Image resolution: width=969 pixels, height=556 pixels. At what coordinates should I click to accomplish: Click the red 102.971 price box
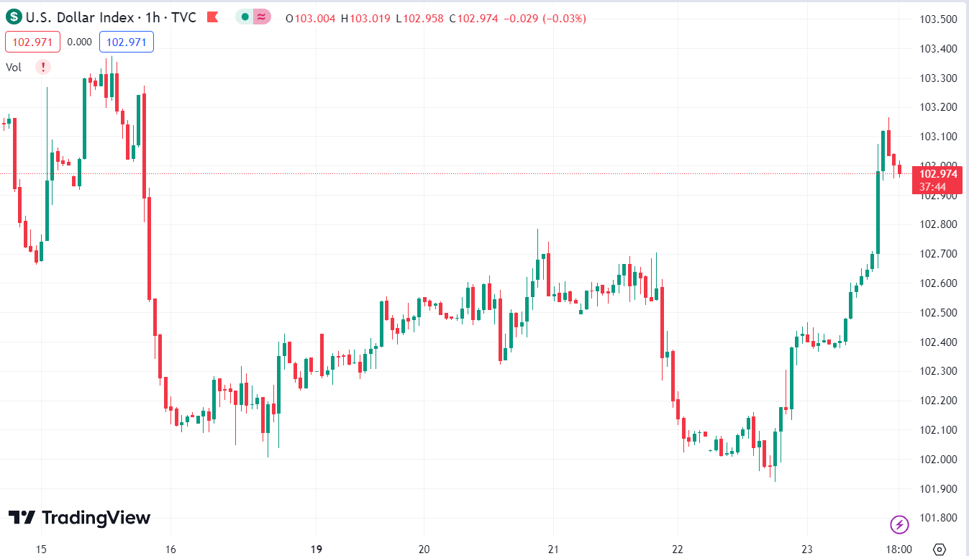point(32,42)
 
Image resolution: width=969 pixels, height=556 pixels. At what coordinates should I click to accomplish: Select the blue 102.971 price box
point(126,42)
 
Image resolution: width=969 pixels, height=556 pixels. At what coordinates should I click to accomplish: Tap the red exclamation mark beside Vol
point(44,67)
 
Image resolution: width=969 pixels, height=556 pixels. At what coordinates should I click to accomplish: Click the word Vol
point(14,68)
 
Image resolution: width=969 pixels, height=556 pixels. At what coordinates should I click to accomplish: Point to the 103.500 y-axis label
point(938,19)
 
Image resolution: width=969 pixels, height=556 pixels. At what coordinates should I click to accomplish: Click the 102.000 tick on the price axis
point(938,459)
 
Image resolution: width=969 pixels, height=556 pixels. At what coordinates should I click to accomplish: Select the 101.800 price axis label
point(938,518)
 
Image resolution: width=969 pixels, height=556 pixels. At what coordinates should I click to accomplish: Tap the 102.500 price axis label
point(938,312)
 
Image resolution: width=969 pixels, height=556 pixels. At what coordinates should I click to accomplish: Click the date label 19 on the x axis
point(316,550)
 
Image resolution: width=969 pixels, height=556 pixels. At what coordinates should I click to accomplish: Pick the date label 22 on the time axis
point(677,550)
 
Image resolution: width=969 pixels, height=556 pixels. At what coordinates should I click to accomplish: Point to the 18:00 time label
point(899,550)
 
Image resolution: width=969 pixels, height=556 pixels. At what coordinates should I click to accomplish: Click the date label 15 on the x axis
point(41,550)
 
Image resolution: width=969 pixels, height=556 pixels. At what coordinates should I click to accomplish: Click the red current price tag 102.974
point(938,173)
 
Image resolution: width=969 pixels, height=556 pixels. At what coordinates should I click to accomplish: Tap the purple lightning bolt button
point(899,524)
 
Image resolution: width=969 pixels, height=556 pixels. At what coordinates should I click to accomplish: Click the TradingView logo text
point(79,518)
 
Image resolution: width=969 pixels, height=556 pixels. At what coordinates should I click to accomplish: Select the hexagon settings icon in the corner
point(939,550)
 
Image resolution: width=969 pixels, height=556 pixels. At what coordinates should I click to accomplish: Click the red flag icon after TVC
point(212,17)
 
